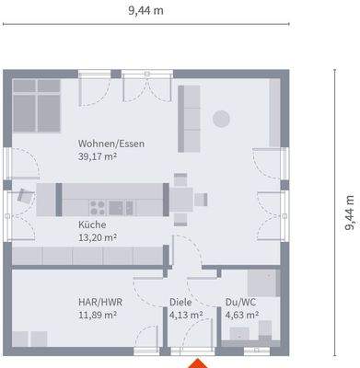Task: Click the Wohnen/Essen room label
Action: point(111,144)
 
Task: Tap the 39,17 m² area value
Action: point(98,156)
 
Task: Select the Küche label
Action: point(92,224)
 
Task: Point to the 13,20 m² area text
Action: point(98,237)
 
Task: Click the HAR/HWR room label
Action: point(100,302)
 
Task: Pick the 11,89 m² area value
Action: point(98,315)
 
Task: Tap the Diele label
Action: point(180,302)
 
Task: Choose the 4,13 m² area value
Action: point(186,315)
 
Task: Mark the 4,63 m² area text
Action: point(242,315)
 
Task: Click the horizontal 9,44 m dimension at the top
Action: point(145,11)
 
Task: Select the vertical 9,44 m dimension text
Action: point(350,213)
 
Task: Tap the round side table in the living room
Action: point(221,119)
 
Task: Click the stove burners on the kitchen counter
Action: point(98,208)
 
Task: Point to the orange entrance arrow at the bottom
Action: point(198,363)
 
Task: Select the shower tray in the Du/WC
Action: point(264,283)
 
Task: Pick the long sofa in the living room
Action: point(189,119)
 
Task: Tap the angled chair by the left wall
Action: point(25,195)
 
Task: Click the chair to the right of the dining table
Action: point(201,200)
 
